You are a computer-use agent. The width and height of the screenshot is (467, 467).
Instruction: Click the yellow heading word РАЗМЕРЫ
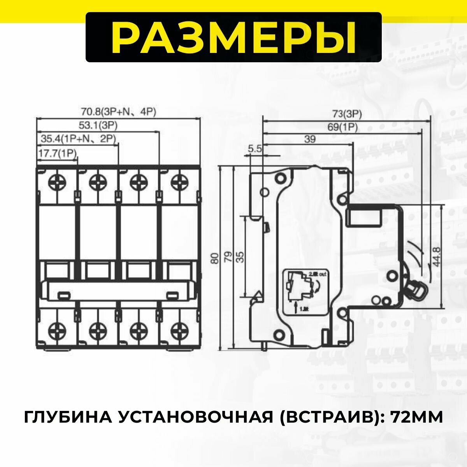point(233,37)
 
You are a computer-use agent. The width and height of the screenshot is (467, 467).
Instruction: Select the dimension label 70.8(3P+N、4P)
point(118,112)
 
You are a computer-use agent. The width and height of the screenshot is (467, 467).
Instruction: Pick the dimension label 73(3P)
point(347,114)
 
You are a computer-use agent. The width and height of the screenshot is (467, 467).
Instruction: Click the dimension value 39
point(310,139)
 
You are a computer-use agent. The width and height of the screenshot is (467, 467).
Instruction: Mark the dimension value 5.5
point(255,148)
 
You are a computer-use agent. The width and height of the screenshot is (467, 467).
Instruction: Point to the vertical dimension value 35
point(241,257)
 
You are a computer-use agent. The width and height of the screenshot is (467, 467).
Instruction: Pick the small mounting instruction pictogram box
point(307,291)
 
